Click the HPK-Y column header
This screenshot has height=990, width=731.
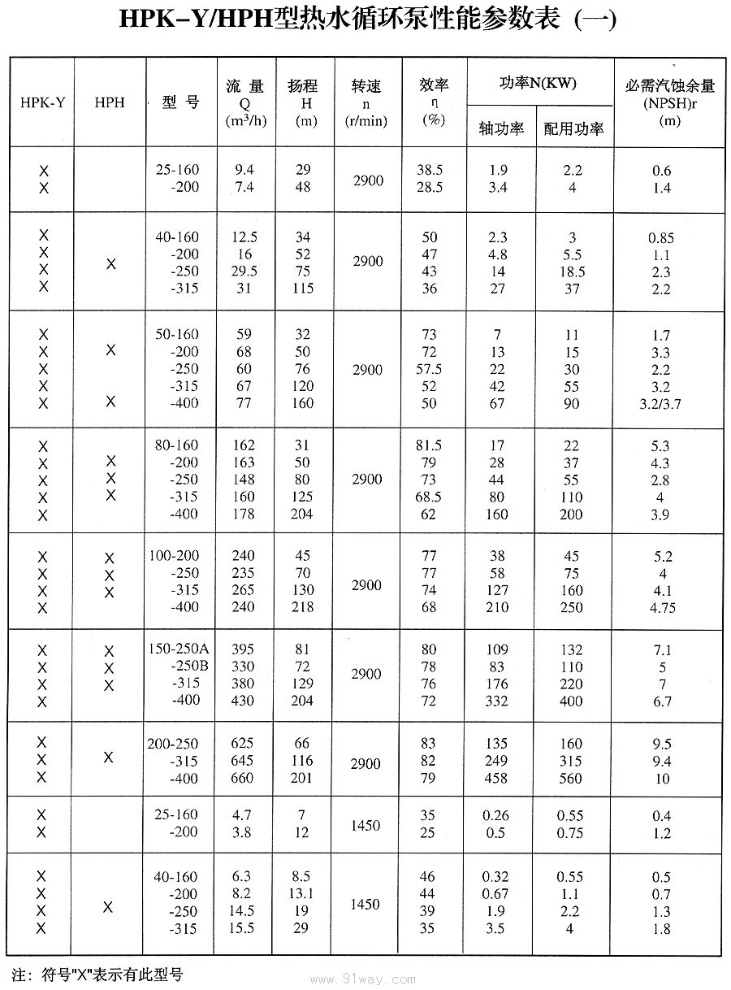pyautogui.click(x=43, y=103)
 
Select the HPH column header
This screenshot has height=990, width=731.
pyautogui.click(x=110, y=103)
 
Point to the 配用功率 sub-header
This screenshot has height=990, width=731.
pyautogui.click(x=573, y=128)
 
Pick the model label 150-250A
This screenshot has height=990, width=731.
pyautogui.click(x=178, y=649)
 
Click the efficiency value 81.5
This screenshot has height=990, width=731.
pyautogui.click(x=428, y=445)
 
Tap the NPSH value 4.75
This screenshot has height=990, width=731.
pyautogui.click(x=660, y=608)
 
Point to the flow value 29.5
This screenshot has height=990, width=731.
pyautogui.click(x=243, y=271)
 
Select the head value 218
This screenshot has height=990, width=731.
pyautogui.click(x=302, y=607)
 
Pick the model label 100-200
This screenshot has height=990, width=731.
pyautogui.click(x=174, y=556)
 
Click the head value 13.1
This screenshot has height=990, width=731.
pyautogui.click(x=301, y=894)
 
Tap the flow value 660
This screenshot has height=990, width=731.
pyautogui.click(x=242, y=779)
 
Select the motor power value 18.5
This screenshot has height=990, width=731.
pyautogui.click(x=572, y=271)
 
